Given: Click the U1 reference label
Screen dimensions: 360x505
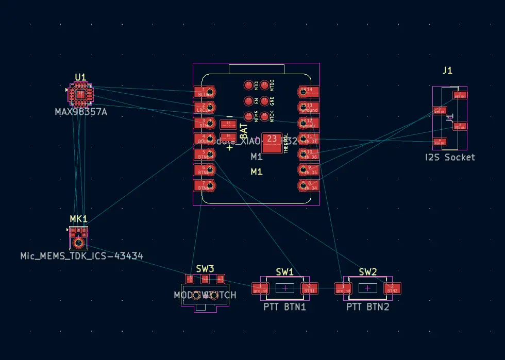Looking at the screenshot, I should click(80, 77).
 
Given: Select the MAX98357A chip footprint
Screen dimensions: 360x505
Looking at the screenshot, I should click(80, 95).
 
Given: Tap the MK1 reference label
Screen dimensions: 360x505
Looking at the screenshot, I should click(78, 218).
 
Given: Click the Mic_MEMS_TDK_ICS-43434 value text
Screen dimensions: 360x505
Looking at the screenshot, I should click(81, 255).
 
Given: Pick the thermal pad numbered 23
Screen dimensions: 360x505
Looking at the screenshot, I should click(272, 142).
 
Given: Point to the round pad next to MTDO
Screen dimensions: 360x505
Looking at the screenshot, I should click(265, 84).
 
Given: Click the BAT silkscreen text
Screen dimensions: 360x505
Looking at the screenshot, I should click(244, 127).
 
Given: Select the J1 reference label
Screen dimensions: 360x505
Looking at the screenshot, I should click(447, 71).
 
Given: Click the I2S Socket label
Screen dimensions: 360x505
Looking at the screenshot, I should click(450, 157).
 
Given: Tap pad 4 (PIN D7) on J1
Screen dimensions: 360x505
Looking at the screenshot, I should click(440, 141).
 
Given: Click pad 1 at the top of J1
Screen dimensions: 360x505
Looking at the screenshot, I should click(459, 95).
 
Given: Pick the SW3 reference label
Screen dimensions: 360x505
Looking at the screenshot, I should click(205, 268).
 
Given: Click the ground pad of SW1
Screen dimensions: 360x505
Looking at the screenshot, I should click(260, 288).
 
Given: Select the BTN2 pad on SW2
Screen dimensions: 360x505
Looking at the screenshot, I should click(392, 288).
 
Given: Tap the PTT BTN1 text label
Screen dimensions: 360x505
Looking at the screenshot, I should click(285, 307).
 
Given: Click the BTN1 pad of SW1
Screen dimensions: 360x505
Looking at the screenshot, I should click(310, 288).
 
